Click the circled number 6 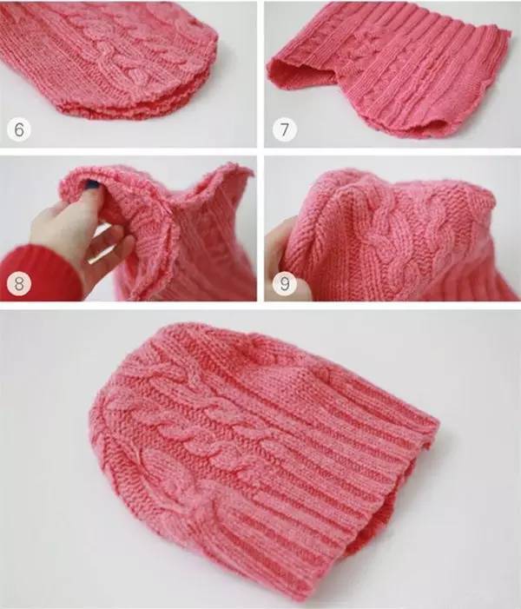coord(18,129)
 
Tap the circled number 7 coord(284,129)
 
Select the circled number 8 coord(18,283)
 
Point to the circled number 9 coord(284,283)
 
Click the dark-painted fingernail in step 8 coord(92,183)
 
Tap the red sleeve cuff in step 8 coord(39,272)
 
